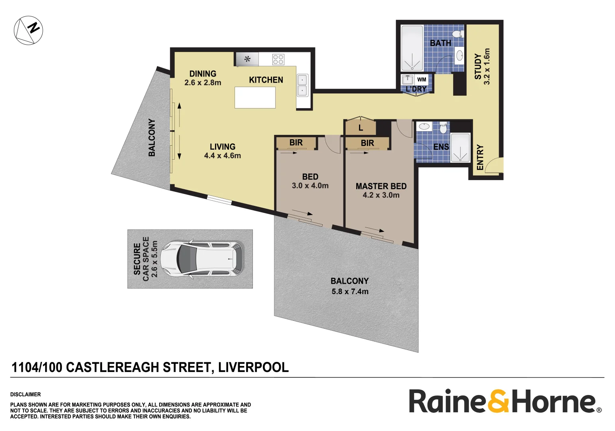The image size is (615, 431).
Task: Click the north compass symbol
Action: point(28,30)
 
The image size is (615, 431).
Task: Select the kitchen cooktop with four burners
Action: point(278,59)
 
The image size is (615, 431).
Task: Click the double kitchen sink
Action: point(302,85)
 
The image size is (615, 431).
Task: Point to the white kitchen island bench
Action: point(255,98)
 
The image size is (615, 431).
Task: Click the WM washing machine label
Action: point(422,79)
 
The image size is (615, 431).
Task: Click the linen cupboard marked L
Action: point(361,128)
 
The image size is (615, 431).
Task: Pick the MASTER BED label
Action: point(381,186)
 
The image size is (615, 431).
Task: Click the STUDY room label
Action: point(478,66)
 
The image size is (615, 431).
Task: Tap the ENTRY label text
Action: point(480,157)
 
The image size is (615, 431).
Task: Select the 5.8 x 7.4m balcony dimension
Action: point(350,292)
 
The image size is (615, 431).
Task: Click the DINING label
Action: point(203,74)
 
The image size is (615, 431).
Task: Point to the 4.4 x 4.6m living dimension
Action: point(223,156)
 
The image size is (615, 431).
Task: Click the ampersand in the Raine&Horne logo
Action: point(498,401)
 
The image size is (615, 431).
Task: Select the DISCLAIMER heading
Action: point(26,394)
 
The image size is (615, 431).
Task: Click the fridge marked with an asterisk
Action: point(247,59)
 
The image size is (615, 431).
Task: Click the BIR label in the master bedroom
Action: point(367,143)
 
